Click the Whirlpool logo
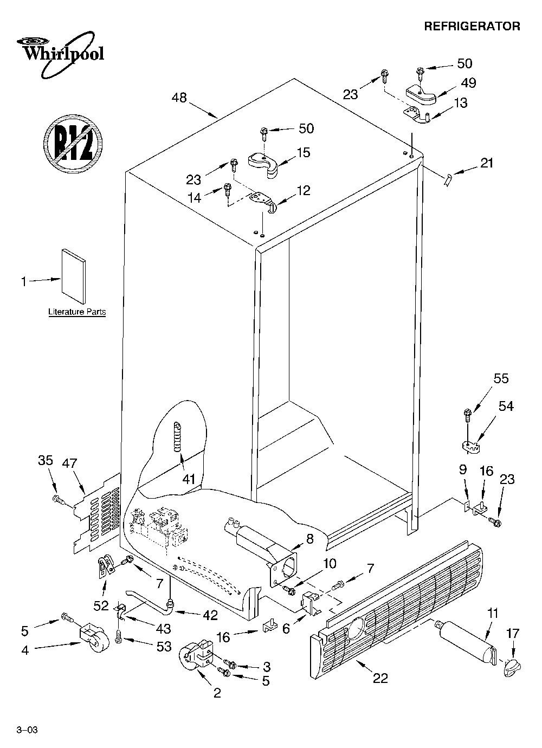[60, 54]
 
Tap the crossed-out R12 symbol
[73, 144]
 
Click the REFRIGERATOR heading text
[472, 27]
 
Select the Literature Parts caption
[77, 312]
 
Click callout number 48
[179, 98]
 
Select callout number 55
[501, 378]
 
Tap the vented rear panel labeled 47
[96, 513]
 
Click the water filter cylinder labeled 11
[466, 639]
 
